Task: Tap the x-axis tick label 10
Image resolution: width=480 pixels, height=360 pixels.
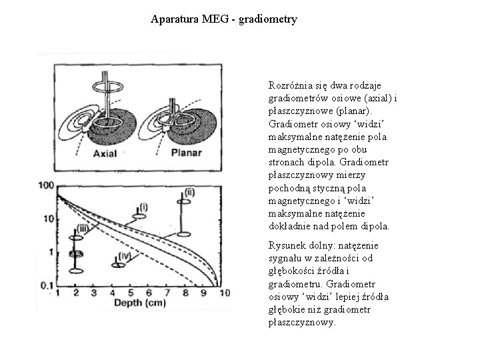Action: click(x=223, y=293)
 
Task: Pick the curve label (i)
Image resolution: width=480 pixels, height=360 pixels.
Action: click(x=143, y=207)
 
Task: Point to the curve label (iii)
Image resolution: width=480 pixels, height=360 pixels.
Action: click(x=82, y=229)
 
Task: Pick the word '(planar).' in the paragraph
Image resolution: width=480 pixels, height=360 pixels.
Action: click(x=349, y=111)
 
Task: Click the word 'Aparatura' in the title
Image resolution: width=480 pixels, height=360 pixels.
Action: click(x=173, y=19)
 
